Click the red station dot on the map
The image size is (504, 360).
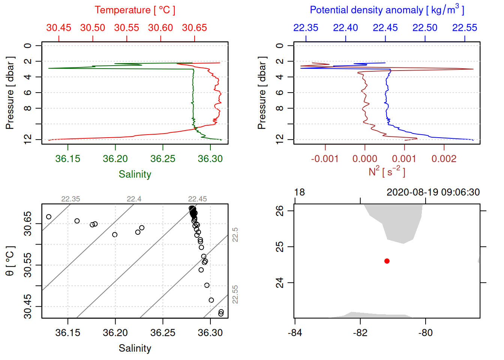[x=387, y=261]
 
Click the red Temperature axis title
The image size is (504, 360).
[x=135, y=10]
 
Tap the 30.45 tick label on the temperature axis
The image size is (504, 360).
[x=59, y=28]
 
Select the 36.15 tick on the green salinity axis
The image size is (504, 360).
[x=68, y=159]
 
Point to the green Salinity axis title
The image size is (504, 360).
[x=135, y=174]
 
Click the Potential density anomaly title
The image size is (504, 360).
[x=387, y=10]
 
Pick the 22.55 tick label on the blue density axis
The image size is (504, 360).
[x=465, y=28]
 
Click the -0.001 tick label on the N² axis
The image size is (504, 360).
[x=325, y=159]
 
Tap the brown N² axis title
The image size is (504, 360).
[x=387, y=172]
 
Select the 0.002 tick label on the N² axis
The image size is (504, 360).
[x=444, y=159]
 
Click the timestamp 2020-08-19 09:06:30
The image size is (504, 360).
[x=433, y=192]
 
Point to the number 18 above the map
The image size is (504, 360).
[x=299, y=192]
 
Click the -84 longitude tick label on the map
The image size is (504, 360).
[x=295, y=333]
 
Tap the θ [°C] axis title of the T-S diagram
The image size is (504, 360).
[x=10, y=261]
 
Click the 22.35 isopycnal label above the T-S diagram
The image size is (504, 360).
[x=70, y=199]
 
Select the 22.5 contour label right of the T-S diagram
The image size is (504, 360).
[x=235, y=235]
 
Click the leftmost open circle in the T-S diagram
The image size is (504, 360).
[x=49, y=217]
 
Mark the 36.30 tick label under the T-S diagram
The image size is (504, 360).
[x=210, y=333]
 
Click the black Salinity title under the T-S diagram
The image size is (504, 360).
[x=135, y=348]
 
